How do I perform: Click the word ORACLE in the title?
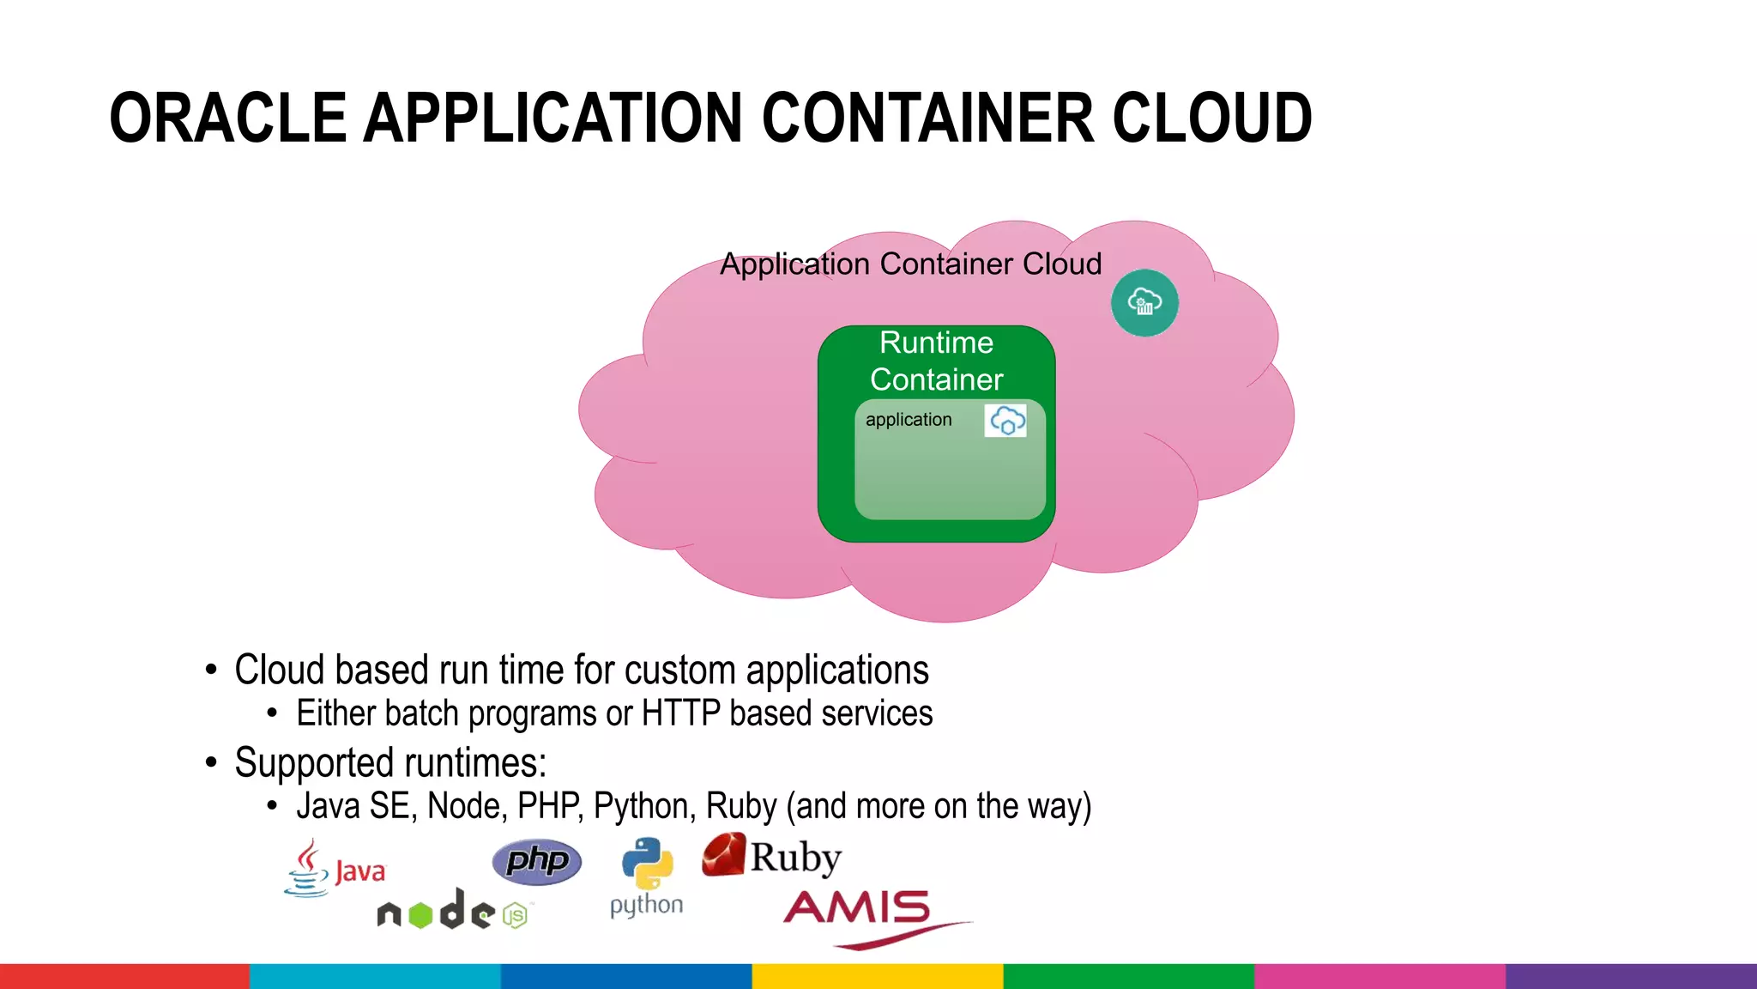pyautogui.click(x=228, y=118)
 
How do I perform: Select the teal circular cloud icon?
pyautogui.click(x=1144, y=303)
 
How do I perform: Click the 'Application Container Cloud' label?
pyautogui.click(x=910, y=264)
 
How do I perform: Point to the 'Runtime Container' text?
pyautogui.click(x=936, y=361)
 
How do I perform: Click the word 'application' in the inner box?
pyautogui.click(x=909, y=420)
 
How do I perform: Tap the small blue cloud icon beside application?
pyautogui.click(x=1006, y=421)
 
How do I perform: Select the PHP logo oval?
pyautogui.click(x=537, y=861)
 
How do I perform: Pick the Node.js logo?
pyautogui.click(x=453, y=912)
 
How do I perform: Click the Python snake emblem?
pyautogui.click(x=647, y=863)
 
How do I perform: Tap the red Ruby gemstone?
pyautogui.click(x=723, y=855)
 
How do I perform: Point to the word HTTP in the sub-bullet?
pyautogui.click(x=680, y=713)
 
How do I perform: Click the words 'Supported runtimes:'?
pyautogui.click(x=390, y=762)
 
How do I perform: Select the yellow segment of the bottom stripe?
pyautogui.click(x=878, y=976)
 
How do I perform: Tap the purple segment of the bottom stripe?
pyautogui.click(x=1630, y=976)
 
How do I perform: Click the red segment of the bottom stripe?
pyautogui.click(x=124, y=976)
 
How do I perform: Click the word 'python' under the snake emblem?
pyautogui.click(x=646, y=906)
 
